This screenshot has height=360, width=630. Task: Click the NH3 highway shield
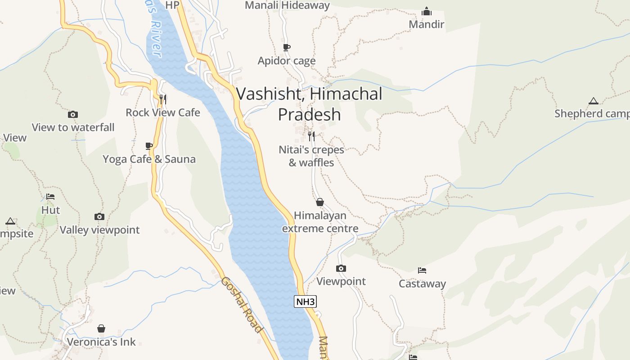(x=305, y=301)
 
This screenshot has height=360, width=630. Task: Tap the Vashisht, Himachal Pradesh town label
(x=309, y=104)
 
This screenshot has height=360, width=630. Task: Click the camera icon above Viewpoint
(x=341, y=269)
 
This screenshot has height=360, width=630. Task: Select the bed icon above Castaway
(x=422, y=270)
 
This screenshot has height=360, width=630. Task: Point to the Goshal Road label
(x=242, y=305)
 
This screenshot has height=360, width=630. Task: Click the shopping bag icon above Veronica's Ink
(x=101, y=328)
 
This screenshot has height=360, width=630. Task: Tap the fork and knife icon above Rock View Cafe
(x=163, y=99)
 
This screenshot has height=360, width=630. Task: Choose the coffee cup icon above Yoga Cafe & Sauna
(x=149, y=146)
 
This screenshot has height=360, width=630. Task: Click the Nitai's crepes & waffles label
(x=311, y=156)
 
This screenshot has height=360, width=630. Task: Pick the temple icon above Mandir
(x=427, y=11)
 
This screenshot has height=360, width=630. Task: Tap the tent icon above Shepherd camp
(x=594, y=101)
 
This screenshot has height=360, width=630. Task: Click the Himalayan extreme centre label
(x=320, y=222)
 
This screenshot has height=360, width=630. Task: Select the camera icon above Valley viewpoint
(x=99, y=217)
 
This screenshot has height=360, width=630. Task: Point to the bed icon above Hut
(x=50, y=197)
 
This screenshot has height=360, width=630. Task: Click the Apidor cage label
(x=287, y=61)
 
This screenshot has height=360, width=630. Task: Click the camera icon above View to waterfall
(x=73, y=115)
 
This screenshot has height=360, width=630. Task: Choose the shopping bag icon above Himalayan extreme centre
(x=320, y=202)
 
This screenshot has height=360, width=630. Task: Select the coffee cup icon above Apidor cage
(x=287, y=47)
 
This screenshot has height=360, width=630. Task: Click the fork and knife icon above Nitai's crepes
(x=311, y=136)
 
